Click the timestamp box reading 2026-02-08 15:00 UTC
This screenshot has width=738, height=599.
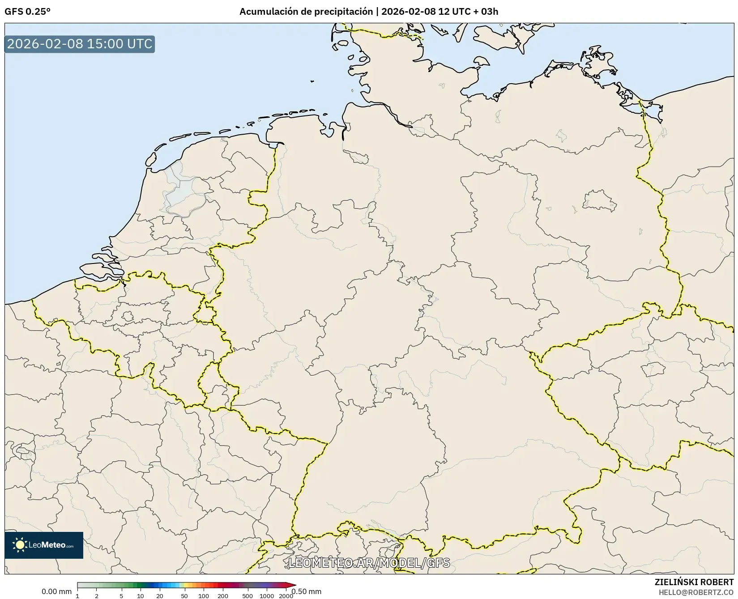click(80, 44)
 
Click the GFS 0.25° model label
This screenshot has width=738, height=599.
click(27, 12)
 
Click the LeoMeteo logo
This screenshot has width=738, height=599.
click(44, 545)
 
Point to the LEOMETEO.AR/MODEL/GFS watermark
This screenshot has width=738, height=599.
click(369, 563)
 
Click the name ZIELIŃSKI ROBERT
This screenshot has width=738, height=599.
click(694, 582)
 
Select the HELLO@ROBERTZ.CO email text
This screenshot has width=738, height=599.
click(696, 592)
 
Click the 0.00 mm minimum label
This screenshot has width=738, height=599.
click(56, 591)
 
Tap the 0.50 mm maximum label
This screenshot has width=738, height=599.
click(307, 591)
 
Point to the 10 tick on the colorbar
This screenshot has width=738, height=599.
click(141, 596)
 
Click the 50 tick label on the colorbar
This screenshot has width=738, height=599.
click(184, 596)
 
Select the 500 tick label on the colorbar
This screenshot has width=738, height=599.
click(247, 596)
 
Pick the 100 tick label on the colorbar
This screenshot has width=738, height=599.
click(204, 596)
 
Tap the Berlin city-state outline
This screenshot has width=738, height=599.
click(599, 200)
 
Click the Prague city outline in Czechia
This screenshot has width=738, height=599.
click(653, 369)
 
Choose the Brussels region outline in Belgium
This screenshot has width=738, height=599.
click(128, 317)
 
